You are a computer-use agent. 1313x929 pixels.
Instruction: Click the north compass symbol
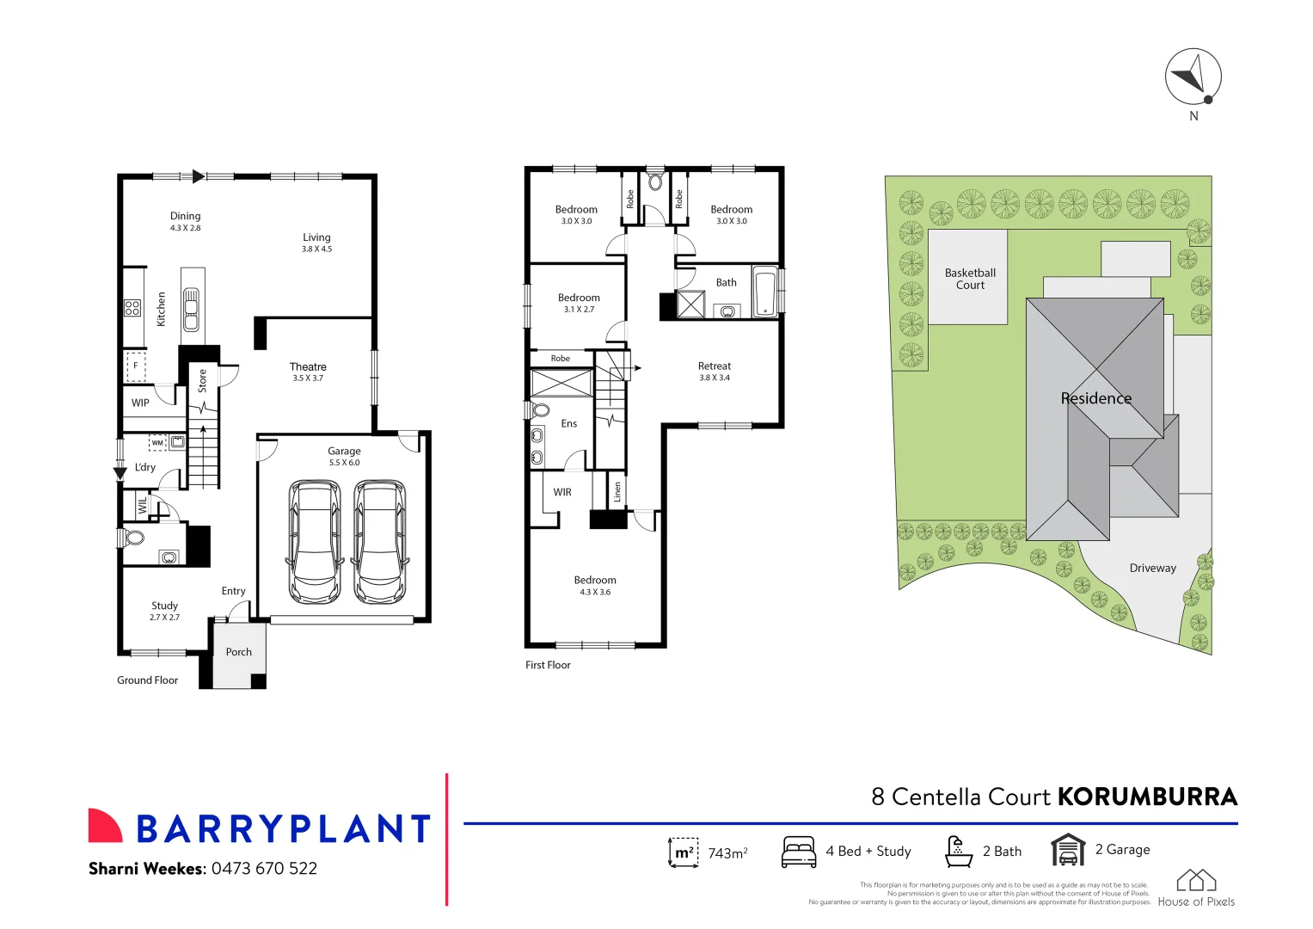1193,77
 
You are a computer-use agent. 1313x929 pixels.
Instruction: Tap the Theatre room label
308,366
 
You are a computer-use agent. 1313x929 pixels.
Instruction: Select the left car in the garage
316,542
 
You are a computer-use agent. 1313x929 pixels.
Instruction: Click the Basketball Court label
970,279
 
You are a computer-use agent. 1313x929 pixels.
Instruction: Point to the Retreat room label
715,366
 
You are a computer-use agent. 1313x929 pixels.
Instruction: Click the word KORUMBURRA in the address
1147,797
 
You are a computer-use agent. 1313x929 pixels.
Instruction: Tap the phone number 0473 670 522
264,869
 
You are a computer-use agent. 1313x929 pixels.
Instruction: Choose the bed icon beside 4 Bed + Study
799,852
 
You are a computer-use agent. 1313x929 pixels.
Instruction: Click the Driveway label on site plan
1152,568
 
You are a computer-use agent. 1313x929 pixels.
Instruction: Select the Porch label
239,652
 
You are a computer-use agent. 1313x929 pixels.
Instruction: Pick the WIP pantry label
140,403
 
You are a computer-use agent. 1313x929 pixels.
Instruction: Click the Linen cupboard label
617,492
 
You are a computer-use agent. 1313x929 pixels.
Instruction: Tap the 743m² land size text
727,852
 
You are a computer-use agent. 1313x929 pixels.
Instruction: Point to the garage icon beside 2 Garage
1067,850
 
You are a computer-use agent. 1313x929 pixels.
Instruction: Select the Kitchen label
161,309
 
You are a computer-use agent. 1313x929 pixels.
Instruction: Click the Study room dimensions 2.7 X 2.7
164,618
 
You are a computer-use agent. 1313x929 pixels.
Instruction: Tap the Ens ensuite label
569,423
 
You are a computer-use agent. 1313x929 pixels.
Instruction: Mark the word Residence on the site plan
1095,398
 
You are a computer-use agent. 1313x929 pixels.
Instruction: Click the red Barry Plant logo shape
105,826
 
